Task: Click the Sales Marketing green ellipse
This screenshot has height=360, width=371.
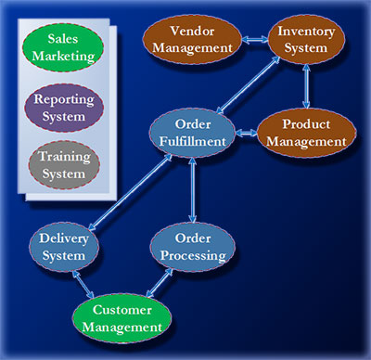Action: (x=63, y=46)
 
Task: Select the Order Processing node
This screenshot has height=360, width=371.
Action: (x=188, y=247)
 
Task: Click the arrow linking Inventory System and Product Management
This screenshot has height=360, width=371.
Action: (x=305, y=88)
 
